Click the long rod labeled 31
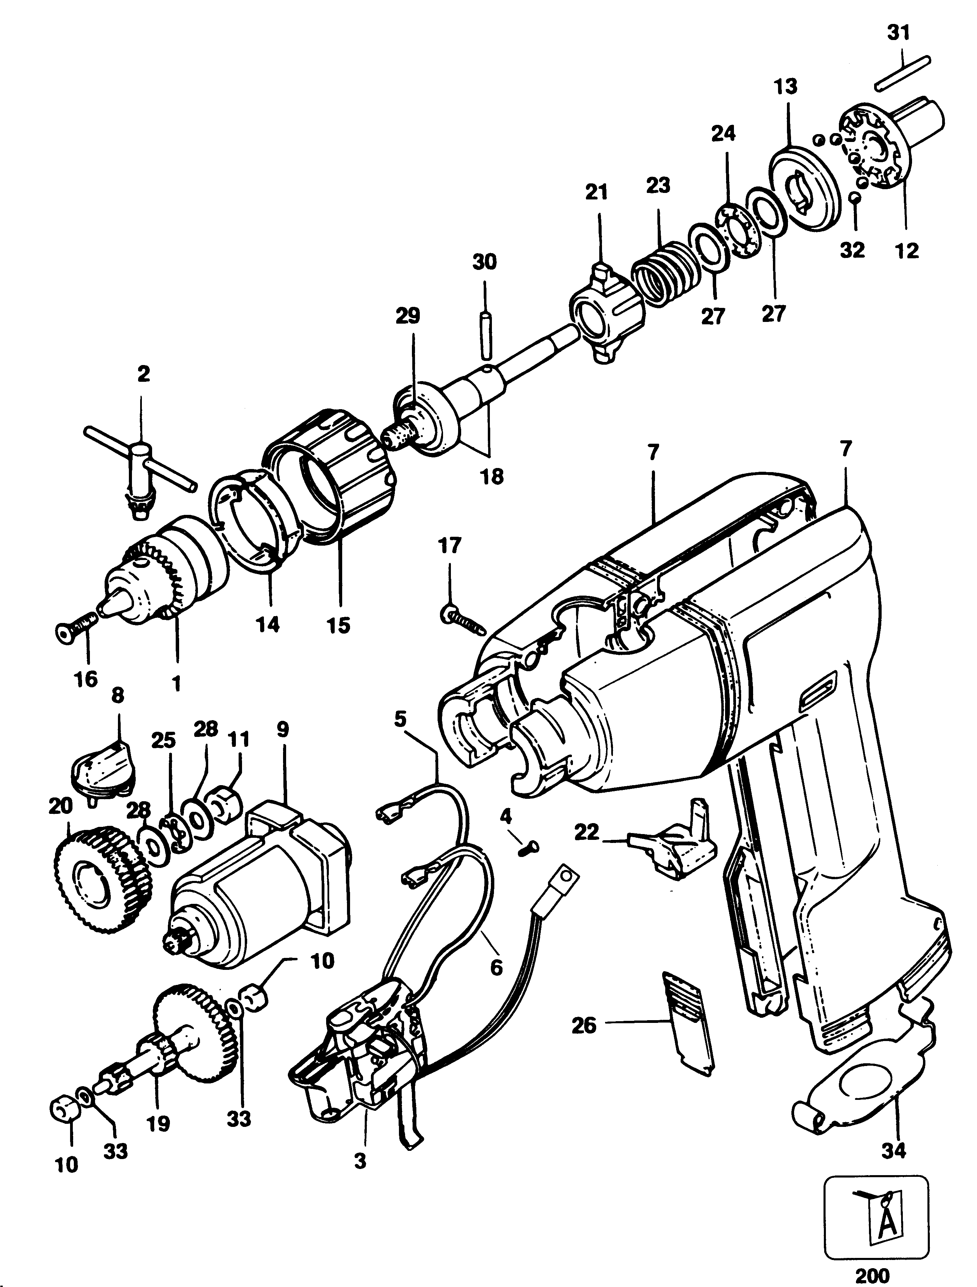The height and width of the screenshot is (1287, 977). pos(903,73)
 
